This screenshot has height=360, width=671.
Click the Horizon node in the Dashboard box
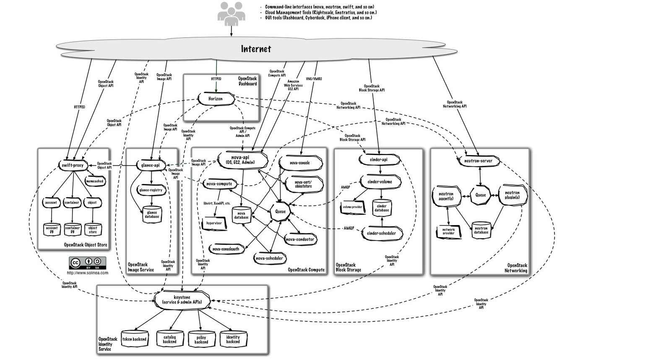pyautogui.click(x=216, y=99)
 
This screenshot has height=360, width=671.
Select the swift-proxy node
pyautogui.click(x=73, y=165)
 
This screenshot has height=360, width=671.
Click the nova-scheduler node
pyautogui.click(x=269, y=258)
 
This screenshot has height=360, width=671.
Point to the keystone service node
pyautogui.click(x=182, y=300)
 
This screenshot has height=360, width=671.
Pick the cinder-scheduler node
pyautogui.click(x=381, y=233)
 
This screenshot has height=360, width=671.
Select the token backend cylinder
pyautogui.click(x=134, y=339)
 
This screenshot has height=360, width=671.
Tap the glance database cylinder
pyautogui.click(x=152, y=214)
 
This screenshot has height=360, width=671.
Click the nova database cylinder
pyautogui.click(x=241, y=214)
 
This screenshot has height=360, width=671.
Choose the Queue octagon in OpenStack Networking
pyautogui.click(x=480, y=195)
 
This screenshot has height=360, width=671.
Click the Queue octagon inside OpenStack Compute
pyautogui.click(x=280, y=211)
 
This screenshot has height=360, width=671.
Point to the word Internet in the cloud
pyautogui.click(x=256, y=49)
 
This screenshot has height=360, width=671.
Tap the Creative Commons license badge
pyautogui.click(x=88, y=263)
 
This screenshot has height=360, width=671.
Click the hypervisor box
pyautogui.click(x=214, y=223)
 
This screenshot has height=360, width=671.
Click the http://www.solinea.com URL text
pyautogui.click(x=88, y=273)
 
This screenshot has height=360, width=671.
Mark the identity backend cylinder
pyautogui.click(x=233, y=339)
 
